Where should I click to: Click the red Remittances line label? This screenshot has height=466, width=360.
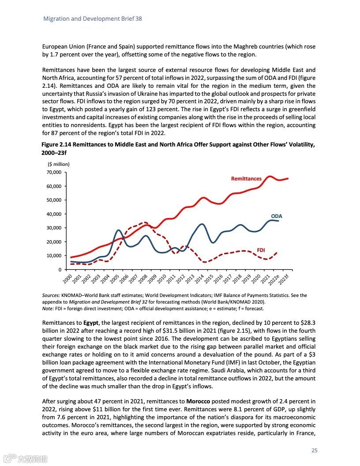pos(246,179)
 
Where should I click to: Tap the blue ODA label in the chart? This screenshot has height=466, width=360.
pos(276,216)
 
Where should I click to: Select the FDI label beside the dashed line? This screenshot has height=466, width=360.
pos(261,250)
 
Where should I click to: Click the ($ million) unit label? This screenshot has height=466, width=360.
pos(56,165)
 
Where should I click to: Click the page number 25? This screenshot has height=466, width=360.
pos(314,451)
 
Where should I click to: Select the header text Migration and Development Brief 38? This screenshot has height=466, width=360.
pos(92,19)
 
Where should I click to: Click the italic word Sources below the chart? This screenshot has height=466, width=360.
pos(51,295)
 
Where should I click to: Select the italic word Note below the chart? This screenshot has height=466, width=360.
pos(47,308)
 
